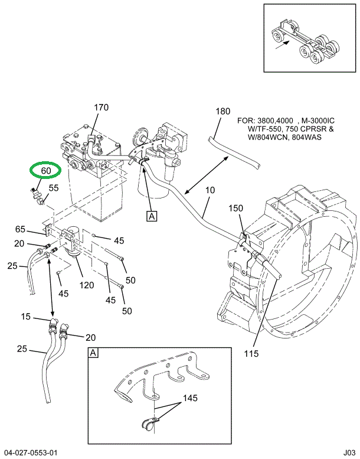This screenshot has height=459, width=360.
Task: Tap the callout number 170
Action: tap(101, 108)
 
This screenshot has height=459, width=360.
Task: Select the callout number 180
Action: tap(222, 111)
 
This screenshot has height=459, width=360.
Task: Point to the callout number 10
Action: tap(211, 191)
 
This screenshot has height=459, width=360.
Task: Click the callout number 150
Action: tap(236, 208)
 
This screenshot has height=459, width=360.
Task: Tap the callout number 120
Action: tap(87, 285)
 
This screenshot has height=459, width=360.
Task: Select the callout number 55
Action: tap(53, 188)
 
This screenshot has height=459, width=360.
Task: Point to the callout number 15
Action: tap(25, 317)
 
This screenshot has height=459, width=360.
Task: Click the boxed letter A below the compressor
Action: tap(152, 216)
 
